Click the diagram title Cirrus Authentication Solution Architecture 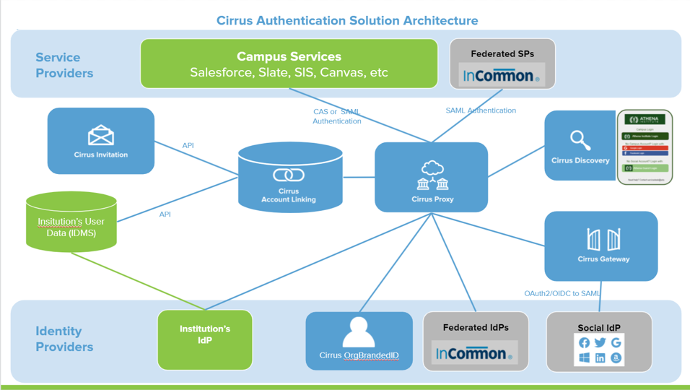click(347, 20)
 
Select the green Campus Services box click(289, 64)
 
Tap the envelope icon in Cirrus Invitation click(101, 135)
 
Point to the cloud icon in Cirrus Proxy click(432, 169)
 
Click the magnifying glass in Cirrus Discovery click(580, 139)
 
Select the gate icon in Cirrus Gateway click(603, 239)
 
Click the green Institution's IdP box click(205, 339)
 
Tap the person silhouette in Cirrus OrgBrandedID click(359, 332)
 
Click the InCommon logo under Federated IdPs click(474, 353)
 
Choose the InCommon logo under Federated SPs click(502, 75)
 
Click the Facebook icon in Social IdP click(584, 342)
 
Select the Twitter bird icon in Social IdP click(600, 342)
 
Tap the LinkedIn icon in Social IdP click(600, 357)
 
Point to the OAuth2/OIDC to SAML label click(562, 293)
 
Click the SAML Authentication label click(481, 110)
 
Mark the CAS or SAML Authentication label click(336, 116)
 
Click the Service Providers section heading click(64, 65)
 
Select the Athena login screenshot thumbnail click(645, 147)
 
